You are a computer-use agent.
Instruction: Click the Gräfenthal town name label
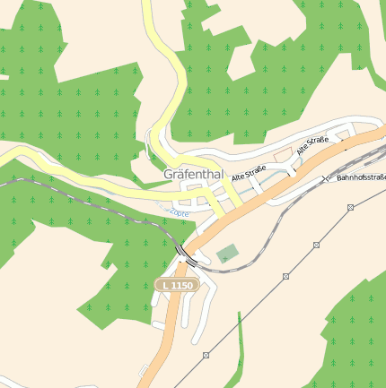(192, 174)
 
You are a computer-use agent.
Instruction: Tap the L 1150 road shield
(175, 285)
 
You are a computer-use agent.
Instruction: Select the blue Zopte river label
(178, 212)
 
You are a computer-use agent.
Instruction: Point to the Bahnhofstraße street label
(361, 177)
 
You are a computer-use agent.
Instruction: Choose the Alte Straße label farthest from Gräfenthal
(313, 145)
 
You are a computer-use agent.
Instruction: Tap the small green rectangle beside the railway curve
(228, 254)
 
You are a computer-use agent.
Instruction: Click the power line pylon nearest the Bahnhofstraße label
(349, 207)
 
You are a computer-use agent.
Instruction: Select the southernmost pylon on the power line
(206, 356)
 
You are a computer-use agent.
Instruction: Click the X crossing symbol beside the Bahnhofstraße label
(325, 178)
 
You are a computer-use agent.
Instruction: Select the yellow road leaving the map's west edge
(18, 159)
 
